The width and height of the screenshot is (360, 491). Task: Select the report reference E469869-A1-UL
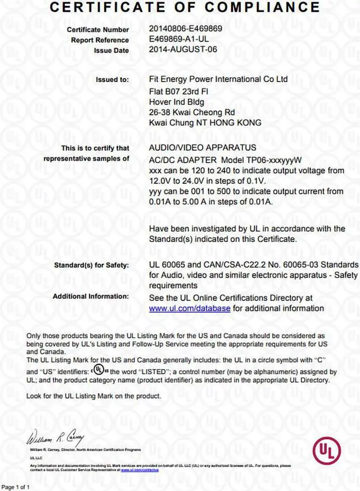(179, 39)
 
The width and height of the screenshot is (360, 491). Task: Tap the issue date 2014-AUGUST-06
(183, 49)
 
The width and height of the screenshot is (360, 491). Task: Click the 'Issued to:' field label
(112, 80)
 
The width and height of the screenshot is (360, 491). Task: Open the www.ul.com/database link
(190, 308)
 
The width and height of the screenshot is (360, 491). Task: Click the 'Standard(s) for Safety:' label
(91, 264)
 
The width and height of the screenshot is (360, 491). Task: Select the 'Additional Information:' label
(91, 296)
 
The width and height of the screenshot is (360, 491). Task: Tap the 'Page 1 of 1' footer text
(15, 487)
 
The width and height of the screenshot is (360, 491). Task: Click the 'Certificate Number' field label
(98, 29)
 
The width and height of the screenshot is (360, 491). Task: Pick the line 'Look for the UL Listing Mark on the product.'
(94, 395)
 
